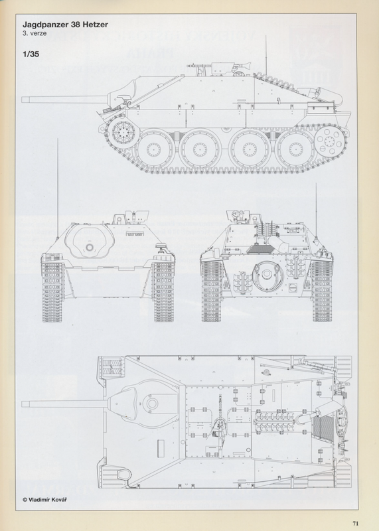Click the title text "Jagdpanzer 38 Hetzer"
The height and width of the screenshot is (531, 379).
click(65, 25)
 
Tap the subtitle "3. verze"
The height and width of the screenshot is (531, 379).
click(35, 34)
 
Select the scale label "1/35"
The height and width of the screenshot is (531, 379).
click(31, 54)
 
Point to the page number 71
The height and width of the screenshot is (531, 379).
click(355, 523)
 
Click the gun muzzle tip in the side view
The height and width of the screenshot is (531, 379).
click(23, 100)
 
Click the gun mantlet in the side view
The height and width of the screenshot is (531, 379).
click(123, 91)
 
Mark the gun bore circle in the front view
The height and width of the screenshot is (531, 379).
click(90, 247)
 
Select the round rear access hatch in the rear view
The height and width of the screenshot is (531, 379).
click(267, 275)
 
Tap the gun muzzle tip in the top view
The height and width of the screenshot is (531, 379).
click(23, 404)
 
